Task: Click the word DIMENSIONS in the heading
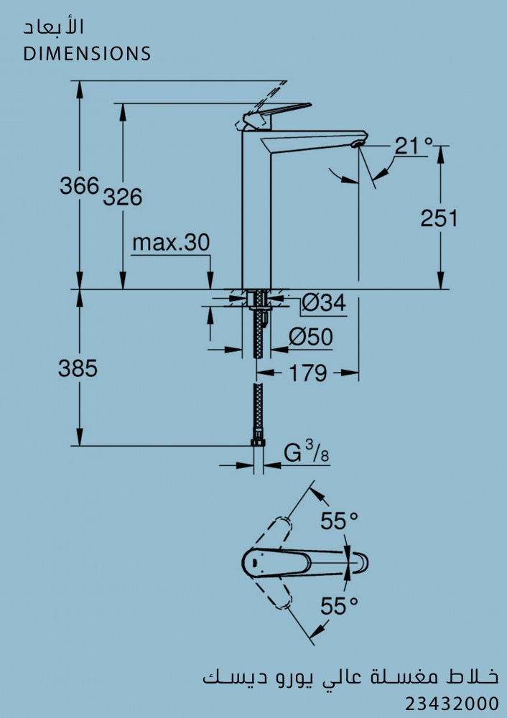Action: pos(87,54)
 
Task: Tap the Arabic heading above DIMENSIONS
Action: pos(54,27)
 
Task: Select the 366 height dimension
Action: pos(79,185)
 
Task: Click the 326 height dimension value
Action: pos(123,197)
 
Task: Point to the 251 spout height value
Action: pos(439,218)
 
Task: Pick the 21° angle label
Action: pos(414,146)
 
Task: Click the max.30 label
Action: pos(171,242)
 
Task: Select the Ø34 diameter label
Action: pos(325,303)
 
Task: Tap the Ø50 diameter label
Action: pos(310,337)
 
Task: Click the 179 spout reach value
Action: pos(308,373)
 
